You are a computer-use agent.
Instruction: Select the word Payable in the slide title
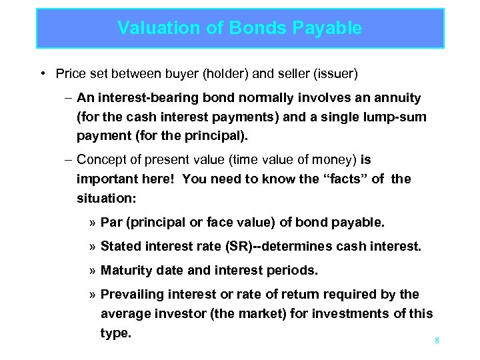(326, 28)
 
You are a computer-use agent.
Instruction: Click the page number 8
(437, 341)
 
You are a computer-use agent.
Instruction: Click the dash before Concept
(68, 159)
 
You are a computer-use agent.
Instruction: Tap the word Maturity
(125, 270)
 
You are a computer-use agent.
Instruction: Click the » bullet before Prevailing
(93, 294)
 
